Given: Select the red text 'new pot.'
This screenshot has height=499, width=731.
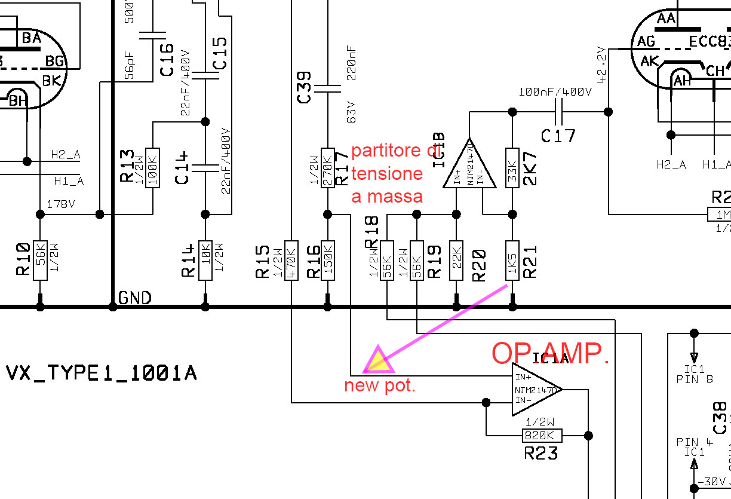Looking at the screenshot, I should pos(379,385).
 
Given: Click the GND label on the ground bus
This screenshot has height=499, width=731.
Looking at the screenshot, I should pos(135,298).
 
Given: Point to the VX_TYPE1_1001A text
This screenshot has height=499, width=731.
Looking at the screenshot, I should pos(101,374).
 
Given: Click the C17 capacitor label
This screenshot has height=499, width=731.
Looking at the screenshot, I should pos(558,136).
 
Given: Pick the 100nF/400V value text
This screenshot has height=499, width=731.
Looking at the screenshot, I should pos(555,93).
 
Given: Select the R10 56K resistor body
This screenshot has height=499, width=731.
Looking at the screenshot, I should pos(40,260).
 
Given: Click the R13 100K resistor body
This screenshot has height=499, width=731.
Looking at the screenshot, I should pos(153,167).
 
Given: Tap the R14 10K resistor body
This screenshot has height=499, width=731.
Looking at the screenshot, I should pos(205,260).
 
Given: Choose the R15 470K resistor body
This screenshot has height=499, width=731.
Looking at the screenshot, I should pos(291,260).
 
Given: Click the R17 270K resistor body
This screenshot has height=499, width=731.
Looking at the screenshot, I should pos(327,167).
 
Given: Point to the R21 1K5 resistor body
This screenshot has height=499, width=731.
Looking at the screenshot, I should pos(512,260).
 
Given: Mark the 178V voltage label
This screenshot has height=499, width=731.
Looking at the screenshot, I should pos(60,204).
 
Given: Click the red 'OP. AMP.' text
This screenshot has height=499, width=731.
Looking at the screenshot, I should pos(550,354).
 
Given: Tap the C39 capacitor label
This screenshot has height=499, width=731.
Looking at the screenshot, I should pos(304,86).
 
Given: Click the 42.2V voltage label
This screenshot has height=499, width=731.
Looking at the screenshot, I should pos(602,64).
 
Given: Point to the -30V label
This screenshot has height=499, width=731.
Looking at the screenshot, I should pos(714,482).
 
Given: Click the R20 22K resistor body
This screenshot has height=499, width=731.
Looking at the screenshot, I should pos(456,260).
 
